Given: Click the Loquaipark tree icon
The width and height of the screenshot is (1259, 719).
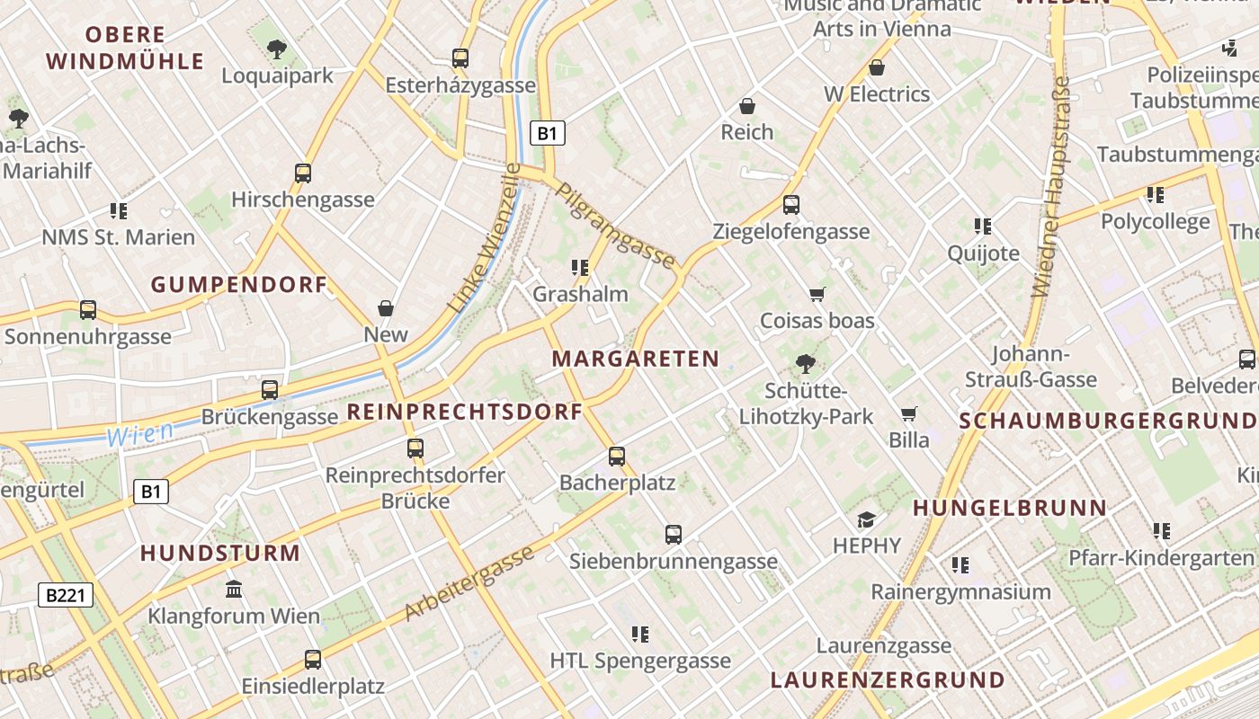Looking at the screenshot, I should pyautogui.click(x=277, y=49).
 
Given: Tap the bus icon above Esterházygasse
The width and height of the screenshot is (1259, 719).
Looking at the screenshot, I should pyautogui.click(x=460, y=58).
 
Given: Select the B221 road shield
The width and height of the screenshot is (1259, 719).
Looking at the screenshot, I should pyautogui.click(x=66, y=594).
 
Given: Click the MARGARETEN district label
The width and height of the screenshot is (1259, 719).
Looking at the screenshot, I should pyautogui.click(x=636, y=359).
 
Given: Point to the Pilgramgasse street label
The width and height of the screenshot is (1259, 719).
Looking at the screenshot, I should pyautogui.click(x=615, y=226).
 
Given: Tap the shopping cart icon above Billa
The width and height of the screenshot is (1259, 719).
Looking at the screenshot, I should pyautogui.click(x=909, y=413).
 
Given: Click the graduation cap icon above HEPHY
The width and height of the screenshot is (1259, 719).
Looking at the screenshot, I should pyautogui.click(x=866, y=519).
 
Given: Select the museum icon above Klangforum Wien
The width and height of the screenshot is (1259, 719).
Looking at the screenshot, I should pyautogui.click(x=234, y=590).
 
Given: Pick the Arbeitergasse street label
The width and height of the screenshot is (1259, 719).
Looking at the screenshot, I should pyautogui.click(x=469, y=583).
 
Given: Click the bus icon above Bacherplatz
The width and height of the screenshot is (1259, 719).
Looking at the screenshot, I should pyautogui.click(x=617, y=456).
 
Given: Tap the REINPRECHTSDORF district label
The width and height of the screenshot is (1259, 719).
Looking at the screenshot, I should pyautogui.click(x=464, y=413).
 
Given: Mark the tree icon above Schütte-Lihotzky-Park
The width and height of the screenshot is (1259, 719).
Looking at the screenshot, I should pyautogui.click(x=806, y=364).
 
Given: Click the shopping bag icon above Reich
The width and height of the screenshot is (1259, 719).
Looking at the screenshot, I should pyautogui.click(x=746, y=106).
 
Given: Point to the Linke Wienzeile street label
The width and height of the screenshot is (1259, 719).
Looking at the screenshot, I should pyautogui.click(x=484, y=238).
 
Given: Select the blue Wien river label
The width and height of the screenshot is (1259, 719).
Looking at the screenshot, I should pyautogui.click(x=139, y=435).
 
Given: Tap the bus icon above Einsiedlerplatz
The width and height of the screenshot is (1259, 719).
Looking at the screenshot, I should pyautogui.click(x=313, y=660).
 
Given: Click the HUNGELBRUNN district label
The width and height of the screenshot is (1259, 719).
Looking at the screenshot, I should pyautogui.click(x=1010, y=508).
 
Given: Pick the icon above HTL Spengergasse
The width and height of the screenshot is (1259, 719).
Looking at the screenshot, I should pyautogui.click(x=640, y=635).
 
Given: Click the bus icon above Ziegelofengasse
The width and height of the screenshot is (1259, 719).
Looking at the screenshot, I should pyautogui.click(x=791, y=205).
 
